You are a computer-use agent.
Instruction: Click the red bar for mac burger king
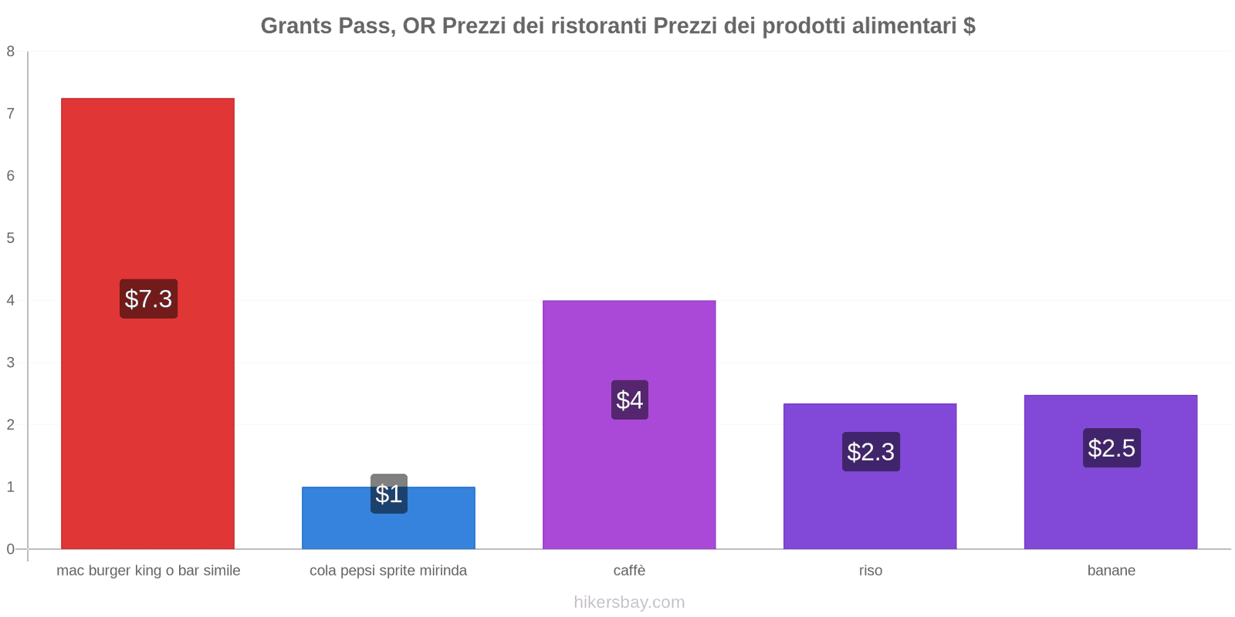(147, 193)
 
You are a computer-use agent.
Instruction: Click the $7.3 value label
(148, 298)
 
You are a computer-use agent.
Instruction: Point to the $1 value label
(388, 494)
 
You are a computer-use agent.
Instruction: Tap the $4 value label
(629, 400)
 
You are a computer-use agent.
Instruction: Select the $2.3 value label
(871, 451)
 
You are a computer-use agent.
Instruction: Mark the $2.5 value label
(1111, 447)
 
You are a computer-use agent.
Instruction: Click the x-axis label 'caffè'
(629, 571)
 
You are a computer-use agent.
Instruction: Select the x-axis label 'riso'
(870, 571)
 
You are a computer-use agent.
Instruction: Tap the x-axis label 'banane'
(1111, 571)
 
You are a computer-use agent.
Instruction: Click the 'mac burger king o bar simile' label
(148, 571)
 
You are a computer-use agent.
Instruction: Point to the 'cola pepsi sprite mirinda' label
(388, 571)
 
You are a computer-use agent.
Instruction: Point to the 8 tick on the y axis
(11, 52)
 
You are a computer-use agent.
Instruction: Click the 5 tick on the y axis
(11, 238)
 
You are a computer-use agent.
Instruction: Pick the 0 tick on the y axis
(11, 549)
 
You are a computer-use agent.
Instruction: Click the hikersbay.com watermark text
(629, 602)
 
